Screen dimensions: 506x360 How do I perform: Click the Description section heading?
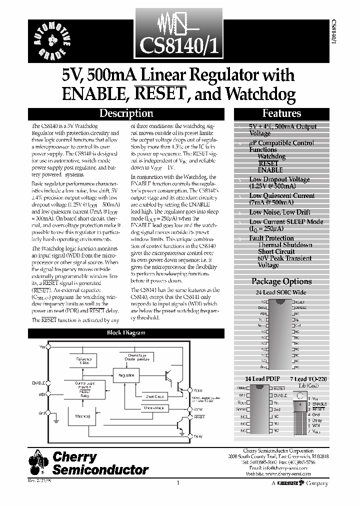click(x=126, y=113)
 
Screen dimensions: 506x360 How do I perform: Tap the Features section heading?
click(x=281, y=113)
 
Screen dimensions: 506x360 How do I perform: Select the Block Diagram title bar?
click(x=125, y=332)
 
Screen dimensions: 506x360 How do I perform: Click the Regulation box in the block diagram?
click(x=126, y=375)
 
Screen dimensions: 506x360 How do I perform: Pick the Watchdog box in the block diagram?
click(x=82, y=415)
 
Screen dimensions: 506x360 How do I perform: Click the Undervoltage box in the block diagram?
click(x=154, y=408)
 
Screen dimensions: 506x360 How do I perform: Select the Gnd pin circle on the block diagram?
click(x=47, y=413)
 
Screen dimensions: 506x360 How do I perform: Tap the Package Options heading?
click(x=281, y=281)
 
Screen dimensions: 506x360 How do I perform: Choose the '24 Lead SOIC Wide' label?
click(x=281, y=292)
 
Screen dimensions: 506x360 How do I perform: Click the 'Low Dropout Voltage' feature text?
click(x=279, y=179)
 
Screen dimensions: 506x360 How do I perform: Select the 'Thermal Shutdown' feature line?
click(x=284, y=245)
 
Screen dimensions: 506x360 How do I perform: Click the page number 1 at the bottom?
click(x=178, y=483)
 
